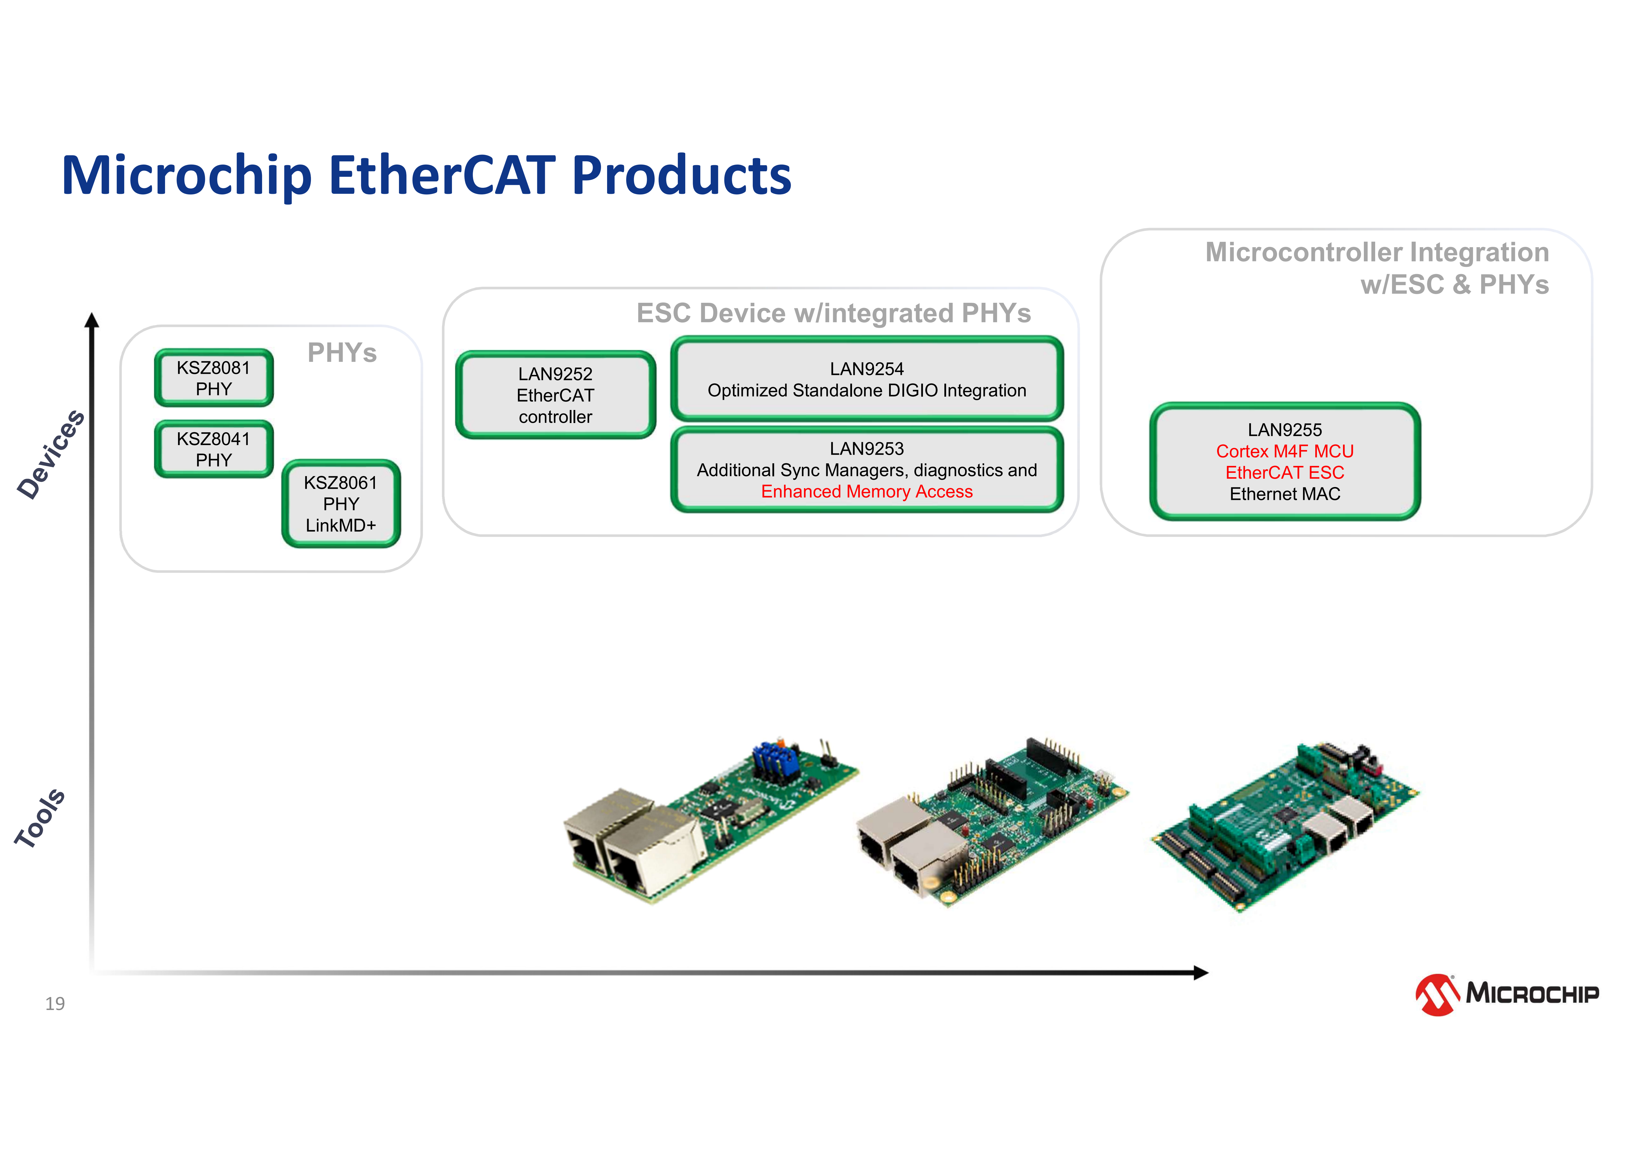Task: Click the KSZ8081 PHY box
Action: [214, 378]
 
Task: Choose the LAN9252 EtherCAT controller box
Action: [556, 395]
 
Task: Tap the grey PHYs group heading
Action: [342, 353]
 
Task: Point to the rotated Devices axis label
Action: [51, 455]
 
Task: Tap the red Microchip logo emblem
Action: [1437, 994]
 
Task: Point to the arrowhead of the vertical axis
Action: [91, 321]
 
